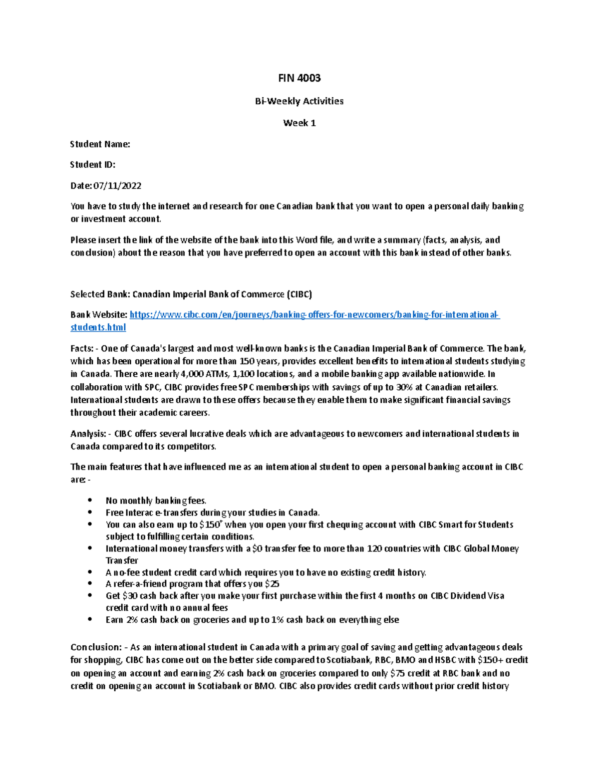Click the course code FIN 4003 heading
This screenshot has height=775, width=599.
(299, 78)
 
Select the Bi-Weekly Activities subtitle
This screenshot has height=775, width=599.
(299, 101)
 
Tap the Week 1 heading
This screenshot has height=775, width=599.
(299, 123)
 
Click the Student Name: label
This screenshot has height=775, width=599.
(100, 144)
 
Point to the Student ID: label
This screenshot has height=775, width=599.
(93, 165)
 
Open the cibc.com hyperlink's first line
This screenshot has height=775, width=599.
(314, 315)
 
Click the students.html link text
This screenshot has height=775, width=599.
(98, 327)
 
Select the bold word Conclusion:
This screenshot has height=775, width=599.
(95, 647)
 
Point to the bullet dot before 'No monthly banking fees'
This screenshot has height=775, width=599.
(90, 501)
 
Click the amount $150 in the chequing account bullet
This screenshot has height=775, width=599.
(209, 525)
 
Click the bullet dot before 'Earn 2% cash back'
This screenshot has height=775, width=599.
(90, 620)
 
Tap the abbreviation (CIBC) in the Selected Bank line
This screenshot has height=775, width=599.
(299, 294)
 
